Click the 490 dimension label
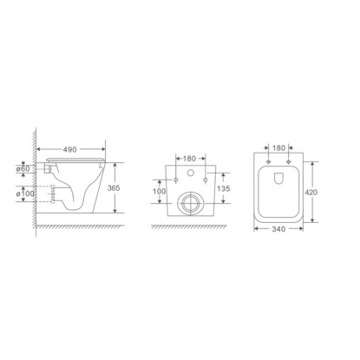coord(70,149)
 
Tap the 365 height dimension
coord(114,188)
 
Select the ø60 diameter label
coord(23,168)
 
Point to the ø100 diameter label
coord(25,193)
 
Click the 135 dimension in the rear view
coord(224,188)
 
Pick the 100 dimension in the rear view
coord(160,191)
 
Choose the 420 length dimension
coord(311,193)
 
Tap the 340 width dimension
coord(278,229)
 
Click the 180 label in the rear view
coord(190,159)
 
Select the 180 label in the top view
coord(279,148)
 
